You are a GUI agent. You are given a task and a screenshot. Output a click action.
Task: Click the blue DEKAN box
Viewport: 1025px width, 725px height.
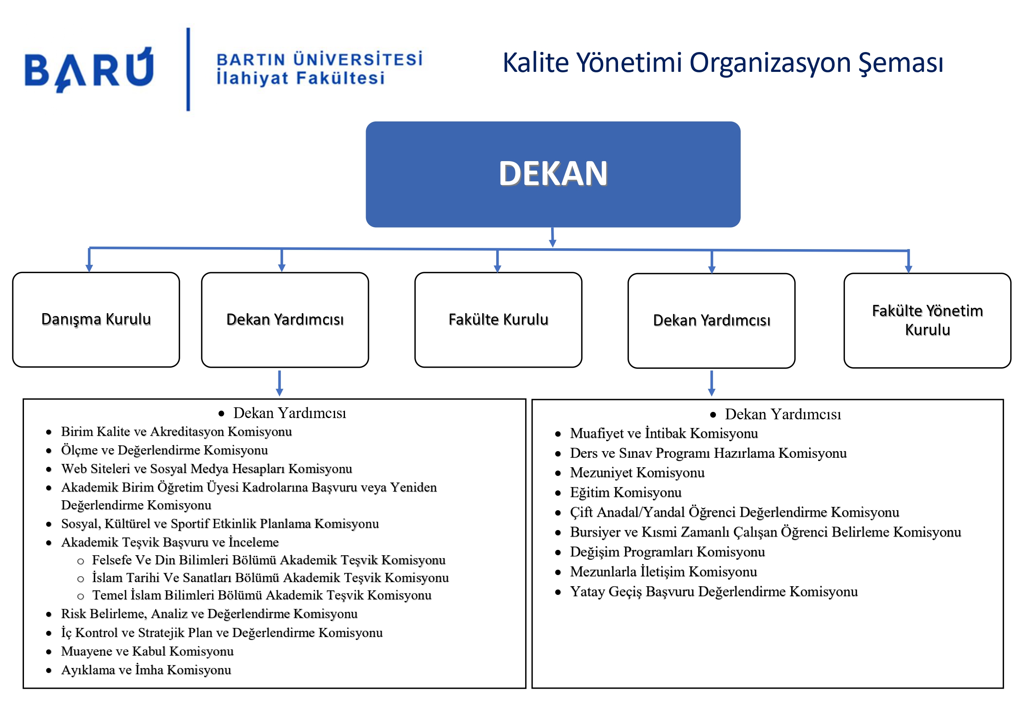(x=553, y=174)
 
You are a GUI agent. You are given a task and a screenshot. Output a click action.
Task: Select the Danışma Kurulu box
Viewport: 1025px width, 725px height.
(x=96, y=320)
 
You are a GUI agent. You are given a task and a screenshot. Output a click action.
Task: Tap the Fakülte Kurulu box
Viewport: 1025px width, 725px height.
(x=498, y=320)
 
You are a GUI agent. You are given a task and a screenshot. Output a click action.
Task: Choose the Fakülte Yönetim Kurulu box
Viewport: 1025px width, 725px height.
(x=927, y=320)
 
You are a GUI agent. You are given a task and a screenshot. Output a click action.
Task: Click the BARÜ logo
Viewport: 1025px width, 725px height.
(x=89, y=69)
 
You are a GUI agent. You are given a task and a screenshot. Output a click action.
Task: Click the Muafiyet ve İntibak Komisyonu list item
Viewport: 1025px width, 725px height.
(x=664, y=433)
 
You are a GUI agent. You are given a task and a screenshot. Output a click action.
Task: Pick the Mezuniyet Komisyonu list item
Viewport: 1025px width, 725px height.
(x=637, y=472)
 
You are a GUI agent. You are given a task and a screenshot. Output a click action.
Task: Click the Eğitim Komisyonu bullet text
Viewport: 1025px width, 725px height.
(x=625, y=492)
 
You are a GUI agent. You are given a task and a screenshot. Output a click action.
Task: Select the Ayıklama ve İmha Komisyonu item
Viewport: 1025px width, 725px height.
(x=146, y=670)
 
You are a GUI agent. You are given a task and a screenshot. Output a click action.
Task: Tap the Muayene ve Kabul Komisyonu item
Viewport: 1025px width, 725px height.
(x=147, y=651)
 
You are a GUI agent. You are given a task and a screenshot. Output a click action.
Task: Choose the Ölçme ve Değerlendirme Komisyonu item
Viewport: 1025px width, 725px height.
(x=164, y=450)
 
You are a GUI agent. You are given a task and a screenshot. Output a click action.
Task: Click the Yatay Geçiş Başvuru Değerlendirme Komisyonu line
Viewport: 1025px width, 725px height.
(x=713, y=591)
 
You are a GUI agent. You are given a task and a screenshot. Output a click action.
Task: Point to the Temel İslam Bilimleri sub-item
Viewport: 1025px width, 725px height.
(x=262, y=595)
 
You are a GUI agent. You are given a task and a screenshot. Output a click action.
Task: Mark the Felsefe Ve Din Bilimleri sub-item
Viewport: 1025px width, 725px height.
(x=268, y=560)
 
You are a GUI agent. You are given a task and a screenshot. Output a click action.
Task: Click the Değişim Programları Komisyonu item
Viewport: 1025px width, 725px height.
(x=667, y=552)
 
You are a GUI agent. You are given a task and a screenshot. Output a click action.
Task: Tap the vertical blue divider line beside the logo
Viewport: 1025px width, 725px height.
(x=188, y=69)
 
